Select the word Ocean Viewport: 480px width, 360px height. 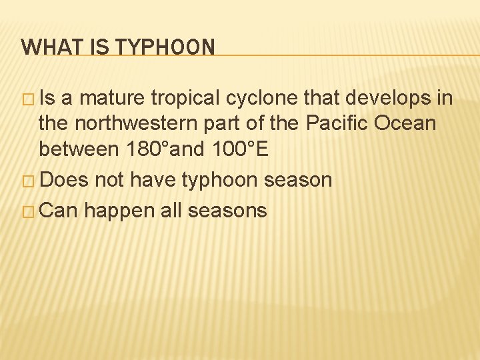[407, 124]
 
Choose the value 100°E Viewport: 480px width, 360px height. [239, 149]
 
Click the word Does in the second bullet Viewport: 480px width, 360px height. [69, 180]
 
